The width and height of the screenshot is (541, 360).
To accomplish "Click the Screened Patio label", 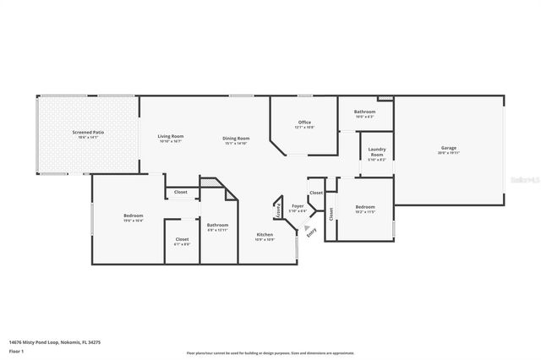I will tap(87, 133).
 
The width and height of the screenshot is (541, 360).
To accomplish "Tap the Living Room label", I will tap(171, 136).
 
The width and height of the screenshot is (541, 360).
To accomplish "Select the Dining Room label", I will tap(236, 138).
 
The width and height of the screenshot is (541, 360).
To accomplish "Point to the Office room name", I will tap(304, 123).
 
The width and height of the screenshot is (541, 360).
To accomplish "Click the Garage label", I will tap(448, 148).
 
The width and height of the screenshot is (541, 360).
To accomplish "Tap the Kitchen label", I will tap(265, 234).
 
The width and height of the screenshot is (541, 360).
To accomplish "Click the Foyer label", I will tap(298, 205).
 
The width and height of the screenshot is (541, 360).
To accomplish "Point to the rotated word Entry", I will tap(312, 232).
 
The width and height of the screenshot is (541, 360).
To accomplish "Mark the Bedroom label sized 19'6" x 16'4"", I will tap(133, 215).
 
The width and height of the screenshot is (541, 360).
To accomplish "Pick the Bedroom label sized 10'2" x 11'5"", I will tap(365, 207).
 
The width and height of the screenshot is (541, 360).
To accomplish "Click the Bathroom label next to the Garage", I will tap(364, 112).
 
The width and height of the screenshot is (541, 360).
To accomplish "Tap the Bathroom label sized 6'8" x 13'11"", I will tap(217, 225).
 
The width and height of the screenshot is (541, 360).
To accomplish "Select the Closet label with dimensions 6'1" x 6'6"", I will tap(182, 239).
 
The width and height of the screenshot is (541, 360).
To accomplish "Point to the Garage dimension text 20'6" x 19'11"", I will tap(448, 153).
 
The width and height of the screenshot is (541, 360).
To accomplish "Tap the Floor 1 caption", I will tap(15, 350).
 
